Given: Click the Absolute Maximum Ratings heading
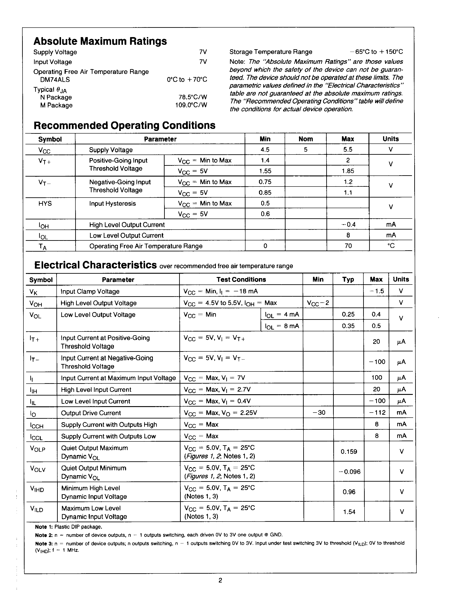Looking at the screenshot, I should [x=100, y=41].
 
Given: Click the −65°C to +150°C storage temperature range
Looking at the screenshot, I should [x=376, y=52].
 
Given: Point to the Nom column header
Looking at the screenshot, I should [x=305, y=139].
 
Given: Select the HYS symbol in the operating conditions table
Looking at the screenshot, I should [x=45, y=204].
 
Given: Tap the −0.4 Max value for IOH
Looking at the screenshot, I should [x=348, y=224].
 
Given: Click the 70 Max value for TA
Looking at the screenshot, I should [x=348, y=246].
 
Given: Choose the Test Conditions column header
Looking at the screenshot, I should [x=241, y=280].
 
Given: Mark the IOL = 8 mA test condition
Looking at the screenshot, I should [x=282, y=326].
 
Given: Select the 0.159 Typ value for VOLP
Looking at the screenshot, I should [x=349, y=452].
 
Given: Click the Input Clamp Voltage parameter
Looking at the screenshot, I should [x=90, y=292].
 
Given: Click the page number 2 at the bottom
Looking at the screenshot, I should [x=220, y=580].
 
